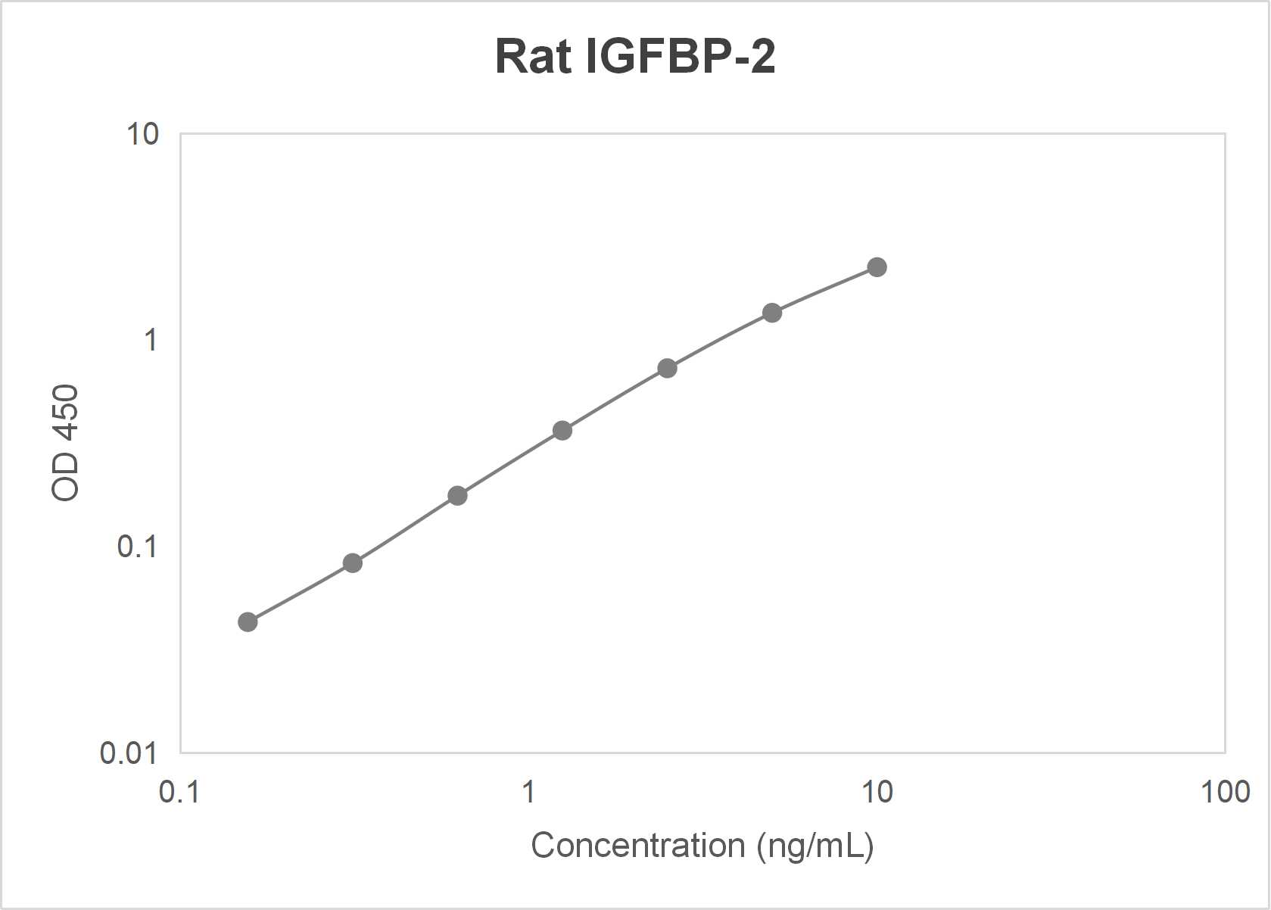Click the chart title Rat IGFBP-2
[635, 56]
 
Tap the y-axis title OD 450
[65, 443]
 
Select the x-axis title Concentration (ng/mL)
[702, 846]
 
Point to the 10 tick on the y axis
[142, 134]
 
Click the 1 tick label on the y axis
[151, 340]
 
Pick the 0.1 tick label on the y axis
[137, 546]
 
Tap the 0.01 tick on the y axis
[129, 753]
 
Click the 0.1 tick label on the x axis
[179, 792]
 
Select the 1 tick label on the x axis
[528, 792]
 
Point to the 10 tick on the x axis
[877, 792]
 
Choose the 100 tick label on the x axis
[1225, 792]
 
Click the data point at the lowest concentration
[248, 622]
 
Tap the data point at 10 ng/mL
[877, 267]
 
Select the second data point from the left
[353, 563]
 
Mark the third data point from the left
[457, 496]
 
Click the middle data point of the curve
[562, 431]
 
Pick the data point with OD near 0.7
[667, 369]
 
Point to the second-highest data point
[772, 313]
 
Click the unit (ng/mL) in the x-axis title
[815, 846]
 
